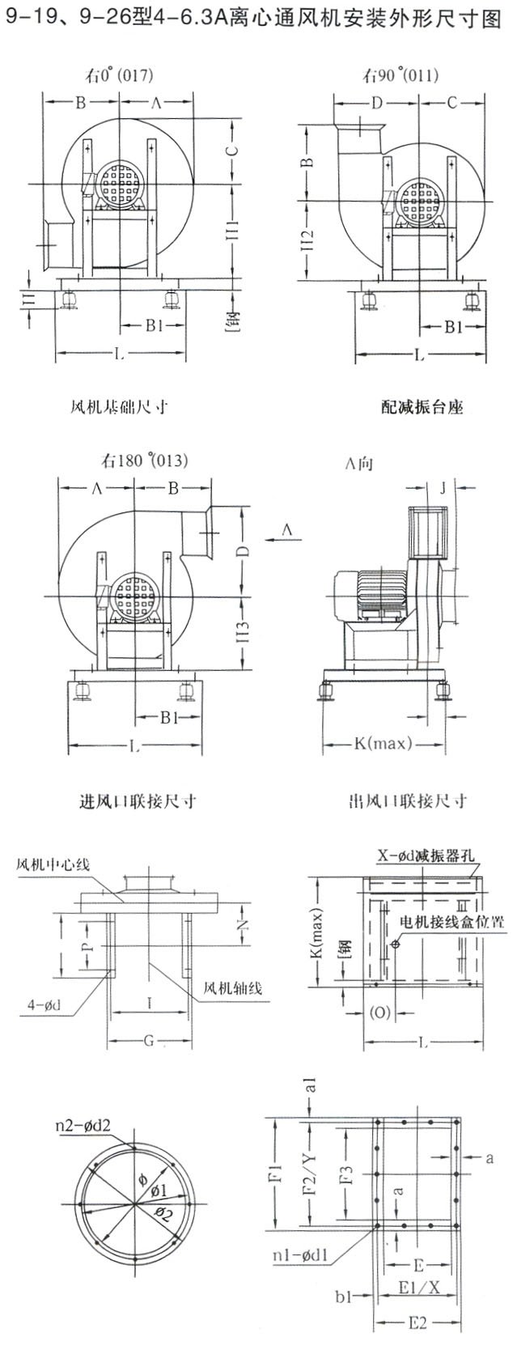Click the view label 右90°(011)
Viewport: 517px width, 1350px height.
pos(400,76)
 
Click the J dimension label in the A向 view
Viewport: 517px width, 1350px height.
pos(443,488)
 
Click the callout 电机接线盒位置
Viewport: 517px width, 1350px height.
pos(453,922)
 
